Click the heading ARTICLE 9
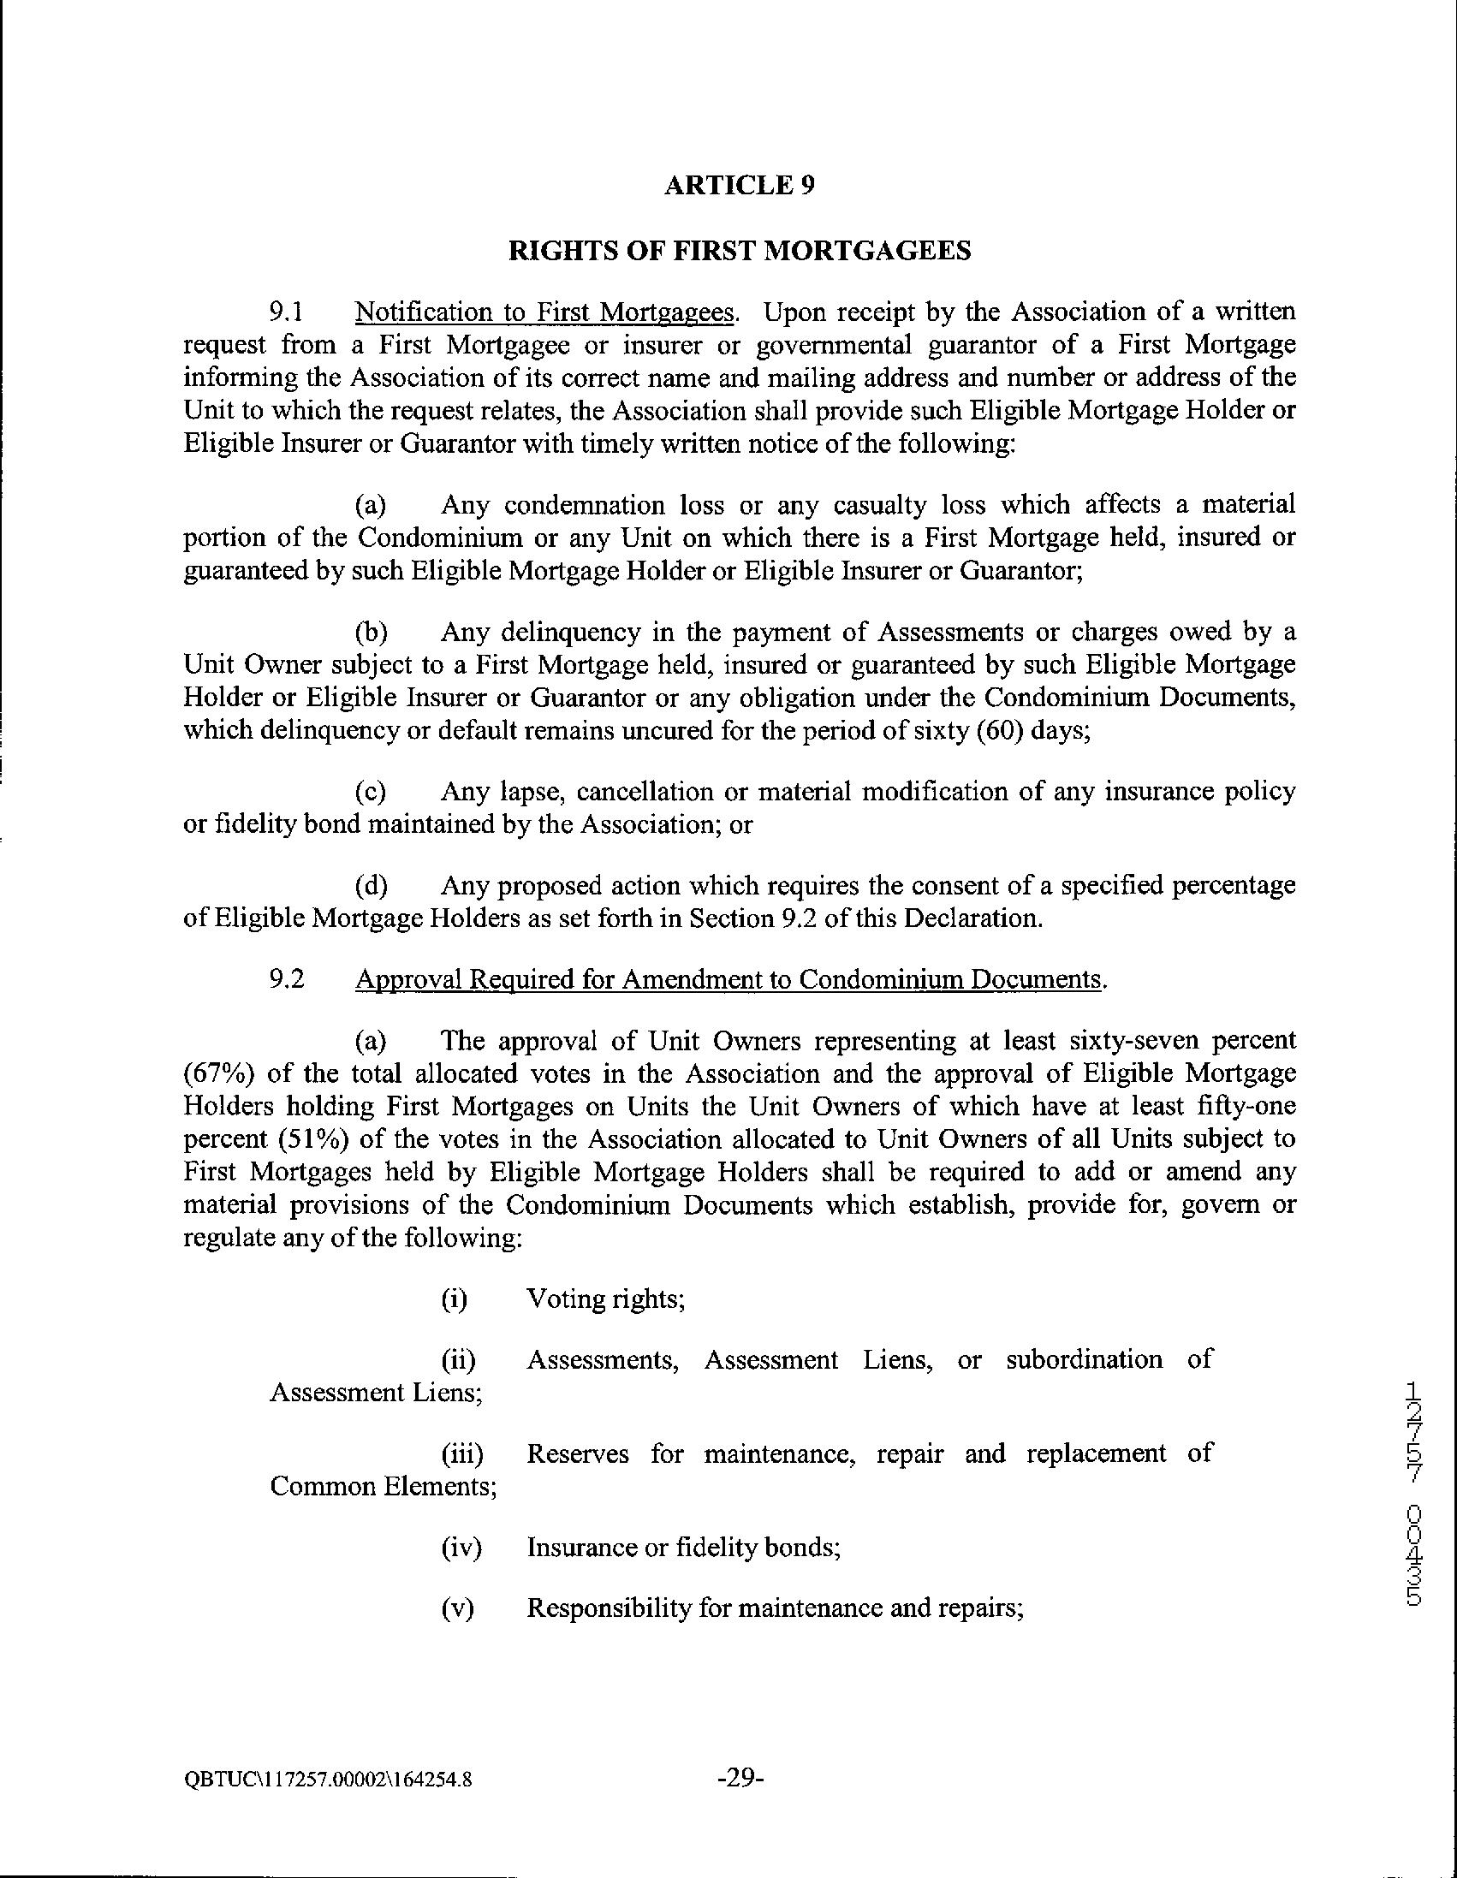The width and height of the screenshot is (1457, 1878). click(x=740, y=186)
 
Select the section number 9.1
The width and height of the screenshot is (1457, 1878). click(x=288, y=312)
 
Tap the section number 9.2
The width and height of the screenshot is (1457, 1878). click(x=288, y=979)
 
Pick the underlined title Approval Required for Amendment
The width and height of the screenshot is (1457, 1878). click(x=728, y=979)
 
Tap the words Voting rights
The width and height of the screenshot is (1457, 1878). click(x=604, y=1299)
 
